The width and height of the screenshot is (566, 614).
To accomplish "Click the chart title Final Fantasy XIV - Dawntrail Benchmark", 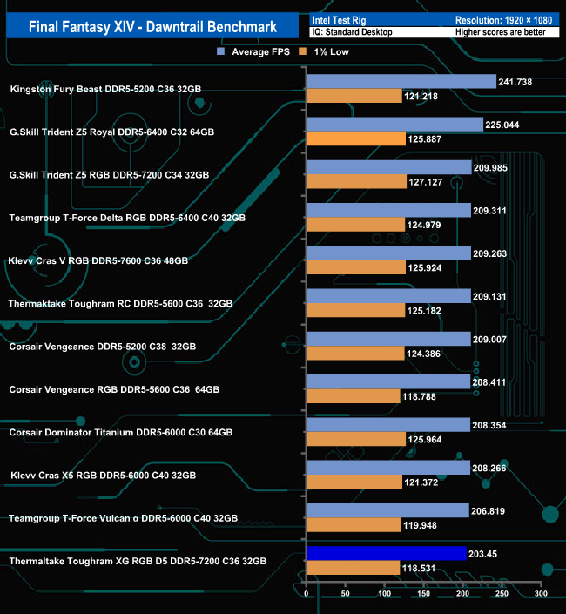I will pyautogui.click(x=153, y=26).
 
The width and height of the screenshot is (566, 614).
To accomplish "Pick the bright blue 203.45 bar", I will pyautogui.click(x=386, y=554).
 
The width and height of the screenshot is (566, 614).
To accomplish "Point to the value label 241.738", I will pyautogui.click(x=515, y=81).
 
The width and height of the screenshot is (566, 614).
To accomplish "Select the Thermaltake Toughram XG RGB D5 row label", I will pyautogui.click(x=138, y=561).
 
